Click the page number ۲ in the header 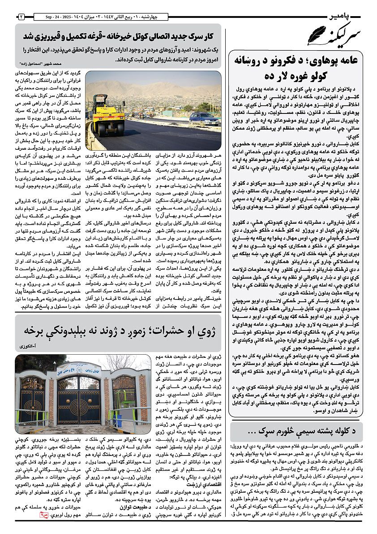[21, 17]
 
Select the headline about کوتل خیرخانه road [117, 36]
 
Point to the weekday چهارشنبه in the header [154, 17]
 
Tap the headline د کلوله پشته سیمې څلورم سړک [298, 431]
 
